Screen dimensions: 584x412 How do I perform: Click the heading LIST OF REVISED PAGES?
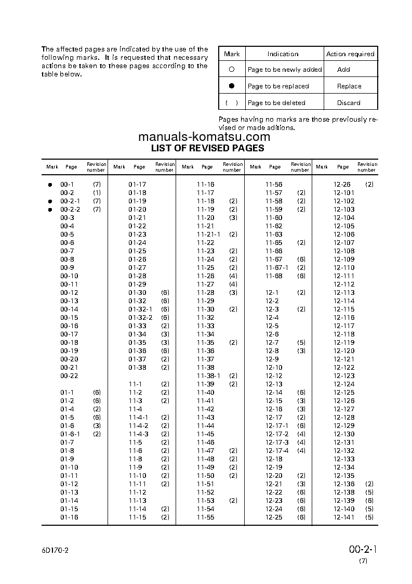pyautogui.click(x=207, y=148)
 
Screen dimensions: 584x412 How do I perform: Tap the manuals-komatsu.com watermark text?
pyautogui.click(x=204, y=137)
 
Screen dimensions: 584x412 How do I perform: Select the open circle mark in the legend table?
pyautogui.click(x=232, y=69)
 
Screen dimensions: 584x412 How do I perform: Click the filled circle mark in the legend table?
pyautogui.click(x=232, y=86)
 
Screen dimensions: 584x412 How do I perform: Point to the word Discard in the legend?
pyautogui.click(x=349, y=103)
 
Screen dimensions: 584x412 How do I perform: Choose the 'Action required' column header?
pyautogui.click(x=350, y=54)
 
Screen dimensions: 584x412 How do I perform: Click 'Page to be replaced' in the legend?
pyautogui.click(x=278, y=86)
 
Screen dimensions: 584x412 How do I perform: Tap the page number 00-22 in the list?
pyautogui.click(x=69, y=376)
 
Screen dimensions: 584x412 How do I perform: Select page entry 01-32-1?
pyautogui.click(x=140, y=309)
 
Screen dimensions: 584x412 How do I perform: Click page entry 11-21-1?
pyautogui.click(x=208, y=235)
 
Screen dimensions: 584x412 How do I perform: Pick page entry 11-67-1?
pyautogui.click(x=276, y=268)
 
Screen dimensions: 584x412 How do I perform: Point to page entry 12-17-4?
pyautogui.click(x=276, y=451)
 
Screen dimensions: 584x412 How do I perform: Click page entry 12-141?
pyautogui.click(x=344, y=517)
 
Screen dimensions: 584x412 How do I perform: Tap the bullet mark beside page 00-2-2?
pyautogui.click(x=50, y=210)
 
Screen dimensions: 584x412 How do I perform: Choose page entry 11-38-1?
pyautogui.click(x=208, y=376)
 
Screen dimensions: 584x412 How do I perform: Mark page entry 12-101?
pyautogui.click(x=344, y=193)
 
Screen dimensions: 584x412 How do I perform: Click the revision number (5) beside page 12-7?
pyautogui.click(x=301, y=343)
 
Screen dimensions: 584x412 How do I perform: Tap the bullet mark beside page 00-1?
pyautogui.click(x=50, y=185)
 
